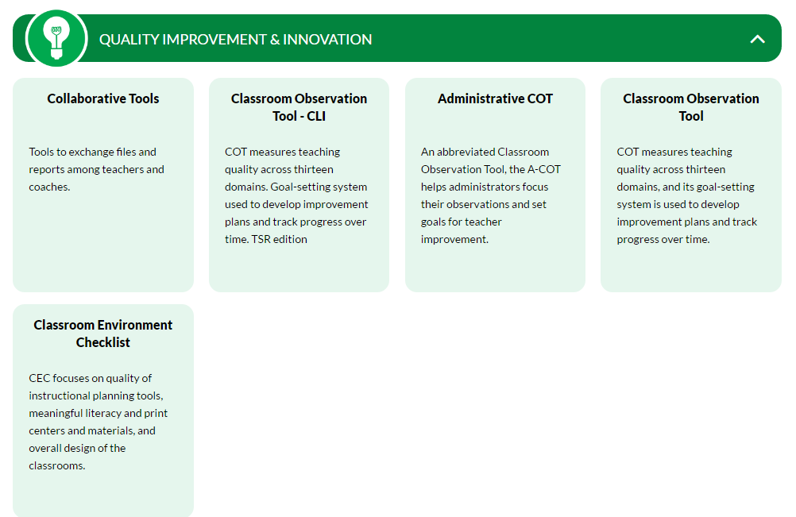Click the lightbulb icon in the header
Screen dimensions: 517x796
[x=56, y=38]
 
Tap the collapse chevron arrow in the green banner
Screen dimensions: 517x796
[x=757, y=39]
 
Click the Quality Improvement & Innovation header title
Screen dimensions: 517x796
[x=235, y=39]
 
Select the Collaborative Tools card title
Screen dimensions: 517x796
[x=103, y=98]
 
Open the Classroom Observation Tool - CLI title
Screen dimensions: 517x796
[x=299, y=107]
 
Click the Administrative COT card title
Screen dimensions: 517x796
[x=495, y=98]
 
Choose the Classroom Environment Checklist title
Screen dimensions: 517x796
[x=103, y=334]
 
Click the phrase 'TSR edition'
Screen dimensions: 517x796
[x=278, y=239]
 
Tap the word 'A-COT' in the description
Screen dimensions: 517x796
[x=544, y=169]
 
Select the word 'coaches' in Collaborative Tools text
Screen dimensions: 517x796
[x=48, y=187]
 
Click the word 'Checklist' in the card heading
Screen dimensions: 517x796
[x=103, y=342]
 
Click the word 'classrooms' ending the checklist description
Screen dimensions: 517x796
[x=56, y=465]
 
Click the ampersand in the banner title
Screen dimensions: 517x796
[x=275, y=39]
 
